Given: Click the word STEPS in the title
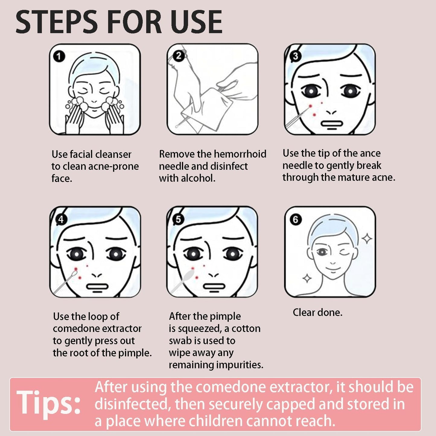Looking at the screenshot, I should point(56,22).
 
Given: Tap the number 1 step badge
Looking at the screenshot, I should point(59,56).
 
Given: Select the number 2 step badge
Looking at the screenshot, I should point(179,56).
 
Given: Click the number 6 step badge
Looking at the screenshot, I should point(295,219).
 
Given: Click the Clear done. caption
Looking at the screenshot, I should point(317,313).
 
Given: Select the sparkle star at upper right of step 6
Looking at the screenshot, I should point(367,239).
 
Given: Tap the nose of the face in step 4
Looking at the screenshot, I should point(97,275).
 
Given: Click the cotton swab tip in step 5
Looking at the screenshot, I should point(189,275).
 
